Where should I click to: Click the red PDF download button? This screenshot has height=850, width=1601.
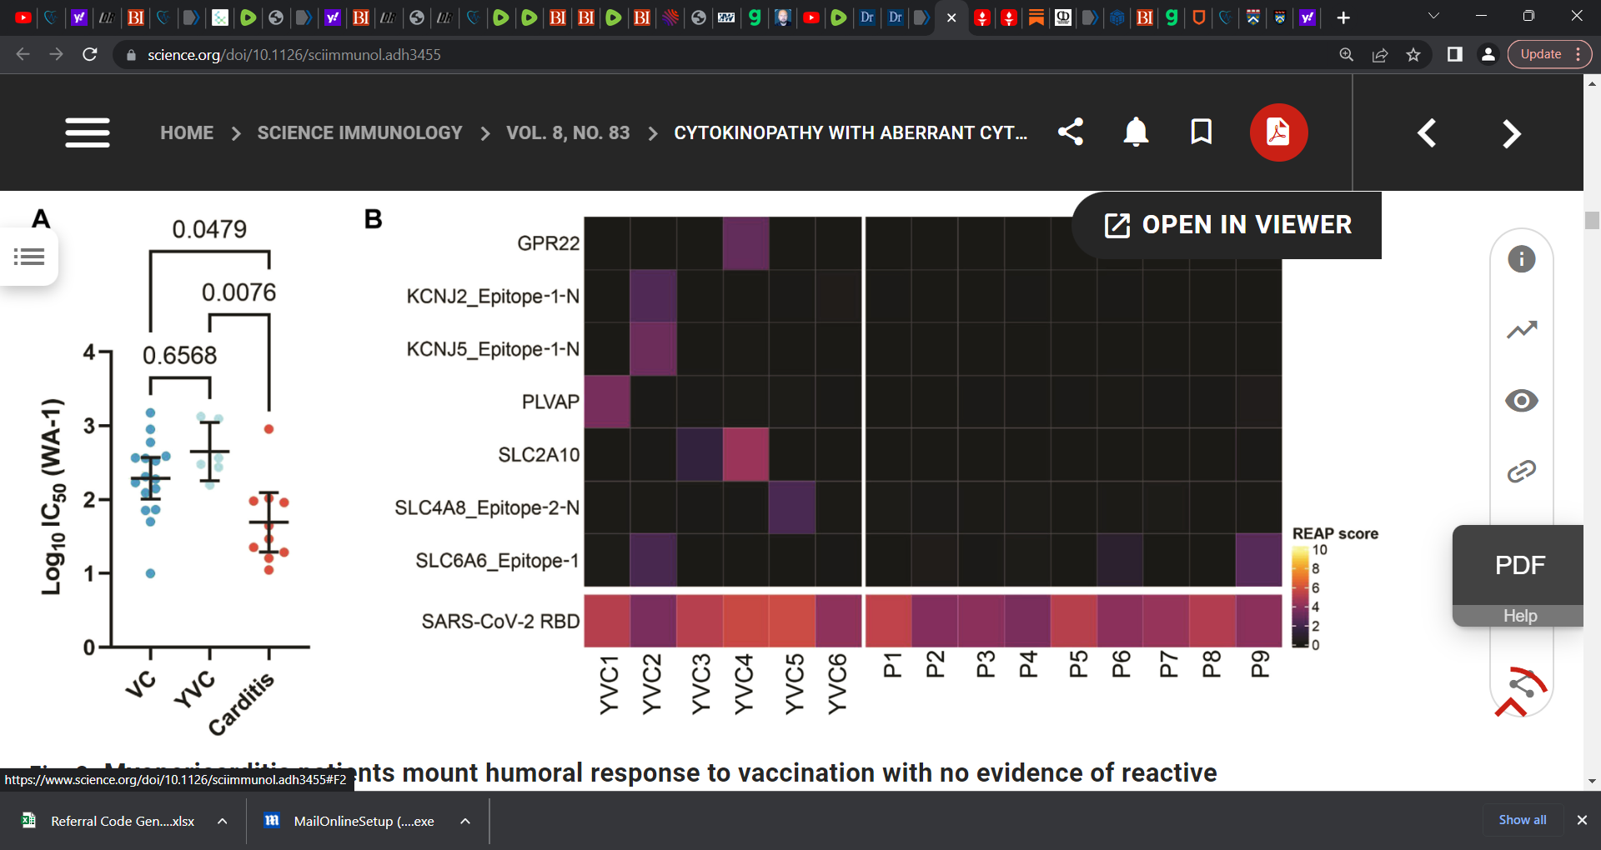click(1278, 132)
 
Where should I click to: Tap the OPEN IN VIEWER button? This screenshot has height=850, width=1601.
click(1227, 225)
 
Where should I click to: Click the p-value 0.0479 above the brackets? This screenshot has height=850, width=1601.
click(209, 229)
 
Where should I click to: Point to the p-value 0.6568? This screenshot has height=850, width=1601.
click(179, 356)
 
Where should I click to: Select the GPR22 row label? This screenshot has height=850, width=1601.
click(548, 243)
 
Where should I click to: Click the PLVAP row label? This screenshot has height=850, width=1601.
click(550, 402)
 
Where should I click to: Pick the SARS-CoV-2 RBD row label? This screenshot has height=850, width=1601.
click(500, 622)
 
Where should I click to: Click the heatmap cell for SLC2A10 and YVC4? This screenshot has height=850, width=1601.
click(745, 455)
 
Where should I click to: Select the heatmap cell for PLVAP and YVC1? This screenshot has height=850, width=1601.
click(607, 402)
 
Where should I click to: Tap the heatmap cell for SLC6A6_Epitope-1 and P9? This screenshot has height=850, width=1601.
click(1258, 560)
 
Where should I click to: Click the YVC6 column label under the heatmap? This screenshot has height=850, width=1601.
click(837, 684)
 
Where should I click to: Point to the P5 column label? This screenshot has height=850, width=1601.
click(1079, 665)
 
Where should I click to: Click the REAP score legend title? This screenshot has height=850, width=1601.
click(1334, 534)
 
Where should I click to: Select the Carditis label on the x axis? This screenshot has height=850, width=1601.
click(242, 704)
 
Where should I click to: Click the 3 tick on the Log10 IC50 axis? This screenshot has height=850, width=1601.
click(89, 426)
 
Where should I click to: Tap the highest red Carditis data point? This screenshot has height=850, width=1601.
click(269, 429)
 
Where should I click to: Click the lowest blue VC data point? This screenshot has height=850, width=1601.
click(150, 573)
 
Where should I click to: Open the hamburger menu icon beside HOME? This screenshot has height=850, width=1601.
click(88, 132)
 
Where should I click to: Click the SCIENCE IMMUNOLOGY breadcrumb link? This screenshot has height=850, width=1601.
click(359, 133)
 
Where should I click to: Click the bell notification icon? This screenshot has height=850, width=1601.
click(1136, 132)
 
